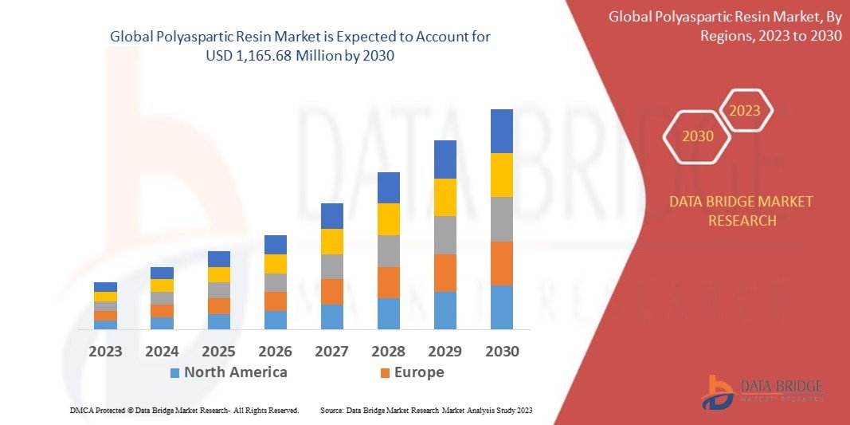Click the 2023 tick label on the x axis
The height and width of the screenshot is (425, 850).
pos(105,351)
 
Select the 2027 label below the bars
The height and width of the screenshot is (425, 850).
pos(331,351)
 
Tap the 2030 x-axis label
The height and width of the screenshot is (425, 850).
pos(501,351)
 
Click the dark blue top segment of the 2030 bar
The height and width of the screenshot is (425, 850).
pos(501,131)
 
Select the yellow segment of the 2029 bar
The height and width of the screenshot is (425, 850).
pos(445,197)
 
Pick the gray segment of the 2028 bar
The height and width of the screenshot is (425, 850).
pos(388,251)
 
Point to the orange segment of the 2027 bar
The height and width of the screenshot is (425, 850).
pos(331,291)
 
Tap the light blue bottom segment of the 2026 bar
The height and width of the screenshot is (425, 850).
pos(275,320)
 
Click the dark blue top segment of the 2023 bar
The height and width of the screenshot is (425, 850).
pos(105,287)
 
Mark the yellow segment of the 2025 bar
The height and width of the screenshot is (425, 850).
pos(218,274)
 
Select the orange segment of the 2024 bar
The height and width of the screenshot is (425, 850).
pos(162,311)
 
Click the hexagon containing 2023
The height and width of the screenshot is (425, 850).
pos(745,111)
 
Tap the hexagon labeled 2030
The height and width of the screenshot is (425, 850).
pos(698,136)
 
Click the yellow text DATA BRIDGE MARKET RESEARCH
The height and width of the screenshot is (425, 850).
pos(742,211)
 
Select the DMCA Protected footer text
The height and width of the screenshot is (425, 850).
pos(184,410)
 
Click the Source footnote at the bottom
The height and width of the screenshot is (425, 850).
pos(426,410)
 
